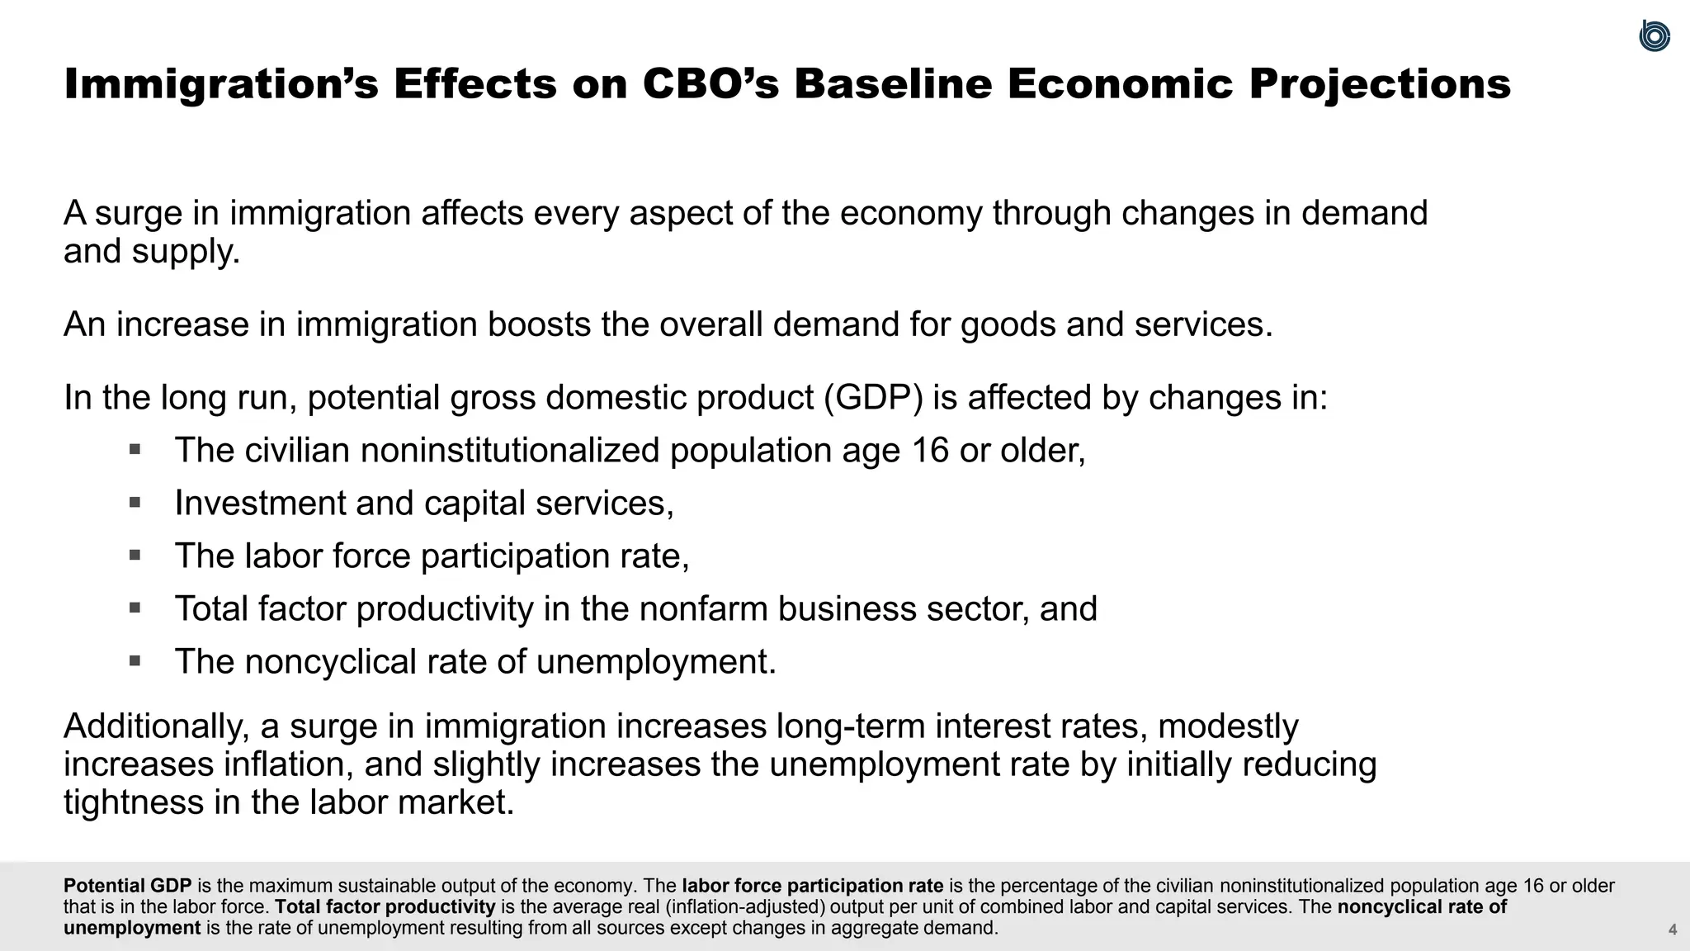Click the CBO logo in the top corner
(x=1655, y=36)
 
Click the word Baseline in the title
(x=892, y=84)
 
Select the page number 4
(x=1673, y=930)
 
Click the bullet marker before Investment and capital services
(x=135, y=502)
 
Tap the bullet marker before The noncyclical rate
(x=135, y=660)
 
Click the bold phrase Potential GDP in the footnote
(x=127, y=886)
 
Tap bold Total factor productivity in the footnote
(x=385, y=906)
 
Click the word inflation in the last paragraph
(x=288, y=764)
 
